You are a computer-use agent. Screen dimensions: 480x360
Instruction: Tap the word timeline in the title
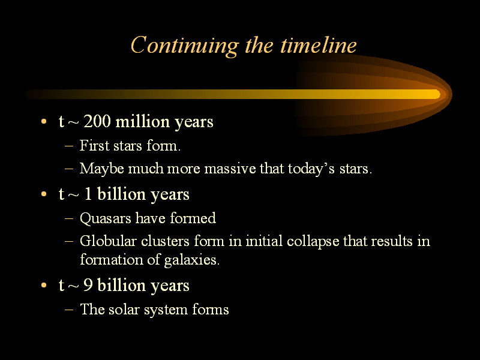click(319, 45)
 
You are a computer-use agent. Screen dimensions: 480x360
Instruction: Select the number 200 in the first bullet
click(97, 121)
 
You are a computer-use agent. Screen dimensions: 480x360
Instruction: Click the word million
click(143, 121)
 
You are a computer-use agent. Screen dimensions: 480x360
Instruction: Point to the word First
click(94, 145)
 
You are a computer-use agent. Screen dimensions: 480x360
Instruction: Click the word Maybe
click(101, 169)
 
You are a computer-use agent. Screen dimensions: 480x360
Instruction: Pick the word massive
click(230, 169)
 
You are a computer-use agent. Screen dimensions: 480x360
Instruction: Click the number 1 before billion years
click(88, 194)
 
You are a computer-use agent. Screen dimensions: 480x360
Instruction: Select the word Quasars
click(106, 218)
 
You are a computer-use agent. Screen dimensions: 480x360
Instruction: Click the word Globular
click(108, 241)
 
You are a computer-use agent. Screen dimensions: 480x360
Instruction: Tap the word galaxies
click(191, 260)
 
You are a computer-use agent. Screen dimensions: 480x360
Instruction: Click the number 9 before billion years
click(88, 285)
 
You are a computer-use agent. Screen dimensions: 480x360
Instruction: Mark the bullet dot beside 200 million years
click(44, 122)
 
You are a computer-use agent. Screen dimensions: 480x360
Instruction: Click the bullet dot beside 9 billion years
click(44, 286)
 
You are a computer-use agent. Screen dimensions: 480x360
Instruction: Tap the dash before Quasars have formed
click(69, 218)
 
